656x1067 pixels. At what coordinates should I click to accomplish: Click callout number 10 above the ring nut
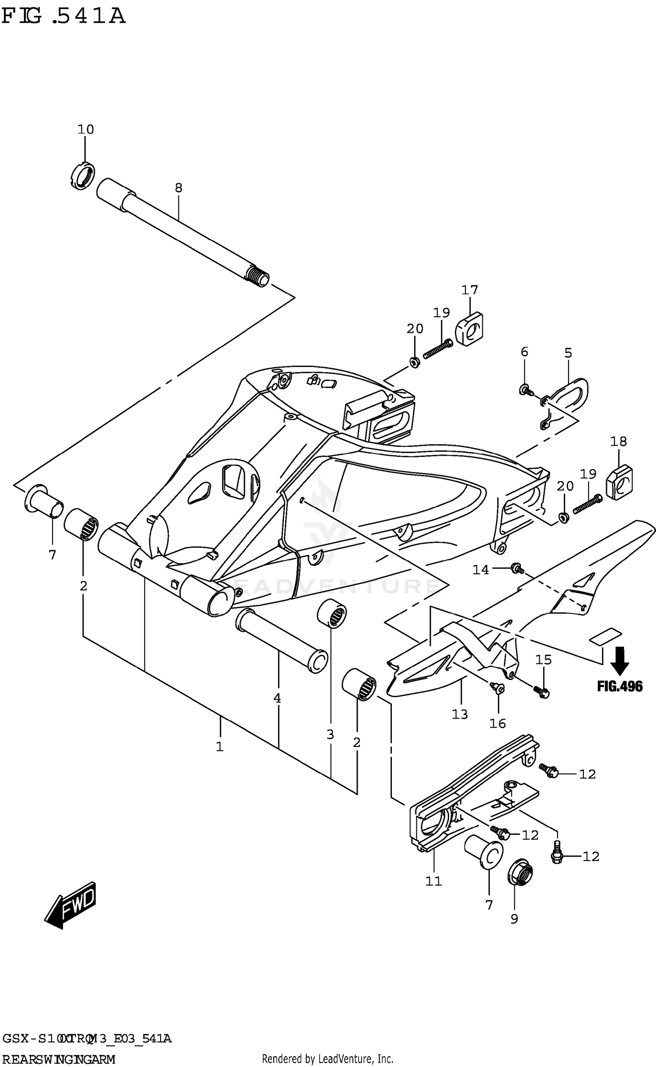[x=86, y=129]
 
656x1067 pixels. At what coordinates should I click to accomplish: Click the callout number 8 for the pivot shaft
[x=178, y=188]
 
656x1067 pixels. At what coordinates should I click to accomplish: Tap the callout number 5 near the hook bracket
[x=568, y=353]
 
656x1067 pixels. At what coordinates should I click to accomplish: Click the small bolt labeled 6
[x=525, y=389]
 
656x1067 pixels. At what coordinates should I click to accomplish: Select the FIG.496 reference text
[x=620, y=687]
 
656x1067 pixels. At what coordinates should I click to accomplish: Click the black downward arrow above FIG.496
[x=620, y=661]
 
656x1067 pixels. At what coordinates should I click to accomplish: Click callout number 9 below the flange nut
[x=514, y=919]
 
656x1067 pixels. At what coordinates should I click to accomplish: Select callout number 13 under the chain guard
[x=460, y=714]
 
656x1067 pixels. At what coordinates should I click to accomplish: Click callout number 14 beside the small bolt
[x=480, y=570]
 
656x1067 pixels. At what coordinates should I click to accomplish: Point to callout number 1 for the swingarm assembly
[x=220, y=746]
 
